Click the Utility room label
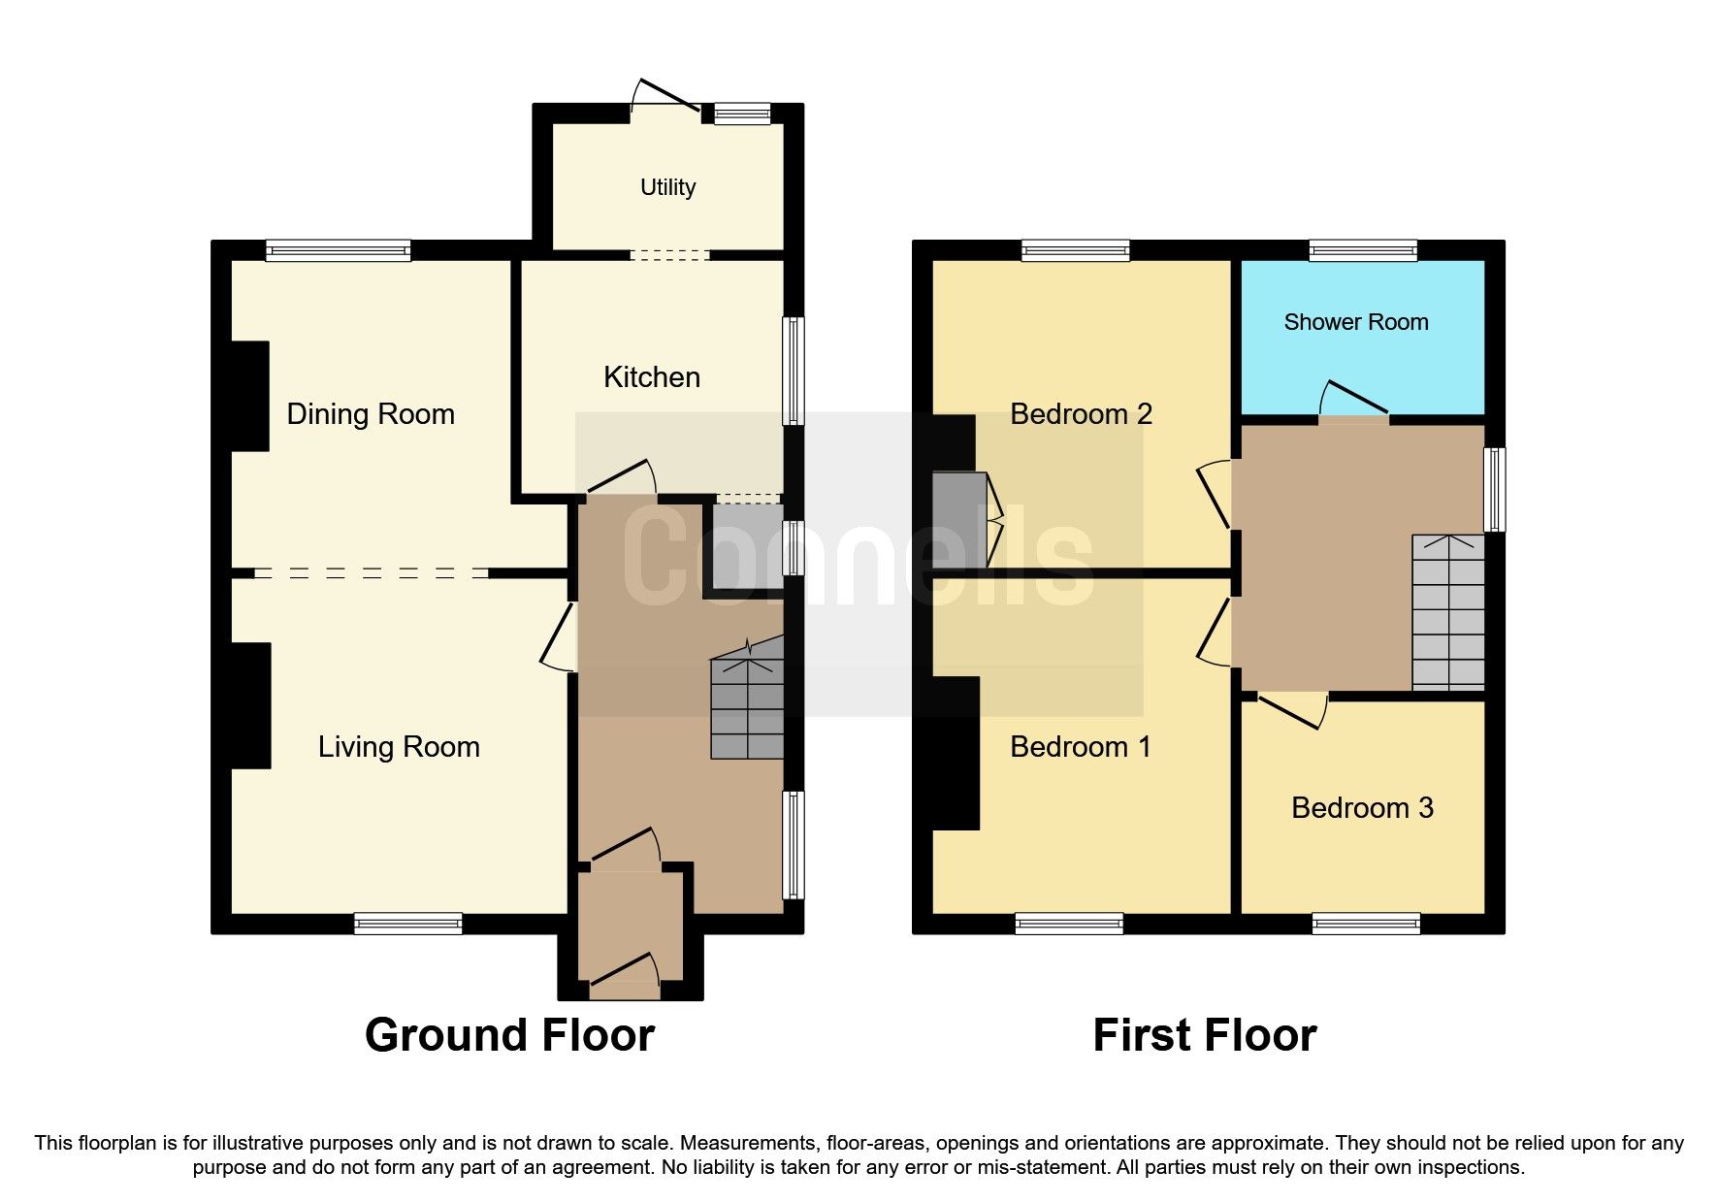click(x=667, y=187)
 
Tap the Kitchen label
click(x=652, y=376)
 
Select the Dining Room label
click(x=371, y=414)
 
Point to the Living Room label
click(x=399, y=746)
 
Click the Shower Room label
click(x=1356, y=322)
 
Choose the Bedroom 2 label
click(x=1081, y=414)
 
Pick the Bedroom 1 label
click(x=1080, y=746)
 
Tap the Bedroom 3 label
click(x=1362, y=808)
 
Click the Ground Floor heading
click(x=509, y=1035)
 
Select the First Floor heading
click(x=1205, y=1035)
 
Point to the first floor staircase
click(x=1448, y=612)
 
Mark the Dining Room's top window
click(x=339, y=251)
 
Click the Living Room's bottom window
click(x=407, y=924)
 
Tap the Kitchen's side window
click(x=794, y=371)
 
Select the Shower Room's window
click(x=1363, y=250)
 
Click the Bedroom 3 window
click(x=1366, y=924)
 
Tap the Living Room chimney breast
click(x=250, y=706)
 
